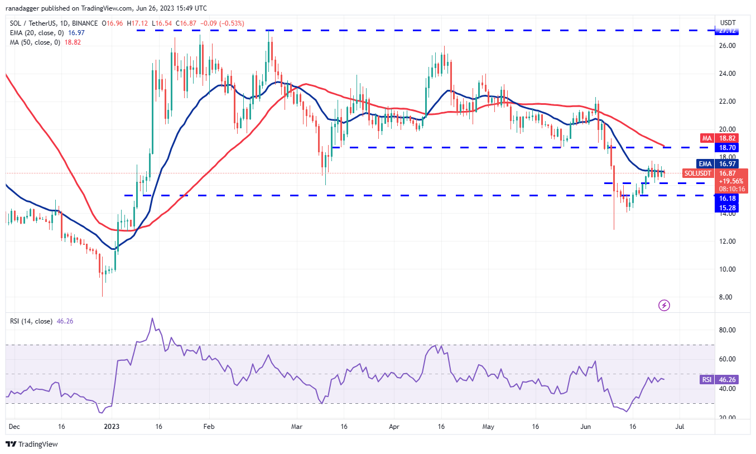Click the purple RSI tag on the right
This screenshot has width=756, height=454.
(x=706, y=380)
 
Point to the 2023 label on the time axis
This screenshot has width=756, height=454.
(x=112, y=427)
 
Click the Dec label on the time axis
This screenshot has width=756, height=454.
(x=15, y=427)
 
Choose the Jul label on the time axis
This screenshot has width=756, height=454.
(x=681, y=427)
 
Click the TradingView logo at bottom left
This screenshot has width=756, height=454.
(x=32, y=445)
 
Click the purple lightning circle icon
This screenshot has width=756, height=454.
(x=664, y=305)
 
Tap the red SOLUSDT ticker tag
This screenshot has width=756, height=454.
(x=698, y=173)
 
